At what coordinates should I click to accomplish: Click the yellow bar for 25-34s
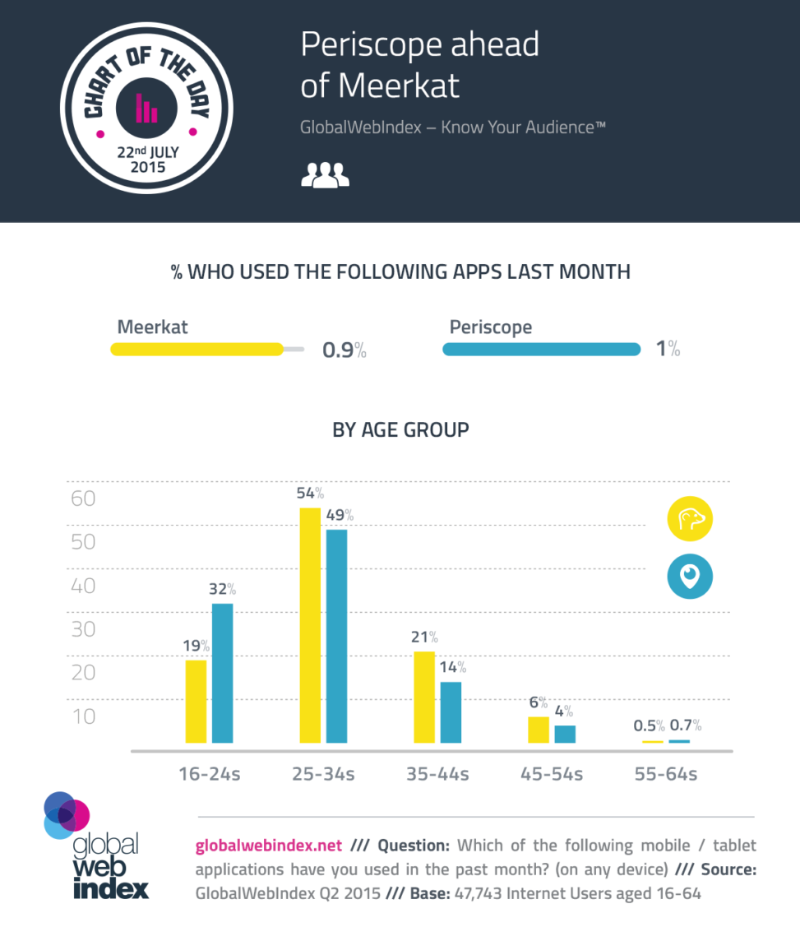click(309, 625)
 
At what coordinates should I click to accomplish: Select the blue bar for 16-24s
click(222, 673)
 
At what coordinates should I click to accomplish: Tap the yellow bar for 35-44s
click(423, 697)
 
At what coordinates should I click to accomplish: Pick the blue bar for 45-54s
click(565, 734)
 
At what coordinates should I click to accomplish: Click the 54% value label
click(309, 494)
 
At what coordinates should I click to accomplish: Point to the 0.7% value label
click(685, 725)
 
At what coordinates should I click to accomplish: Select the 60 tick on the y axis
click(84, 498)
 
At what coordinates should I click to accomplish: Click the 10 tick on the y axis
click(84, 716)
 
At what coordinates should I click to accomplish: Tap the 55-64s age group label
click(666, 774)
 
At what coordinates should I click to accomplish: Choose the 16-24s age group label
click(210, 774)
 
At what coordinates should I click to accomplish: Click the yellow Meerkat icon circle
click(689, 520)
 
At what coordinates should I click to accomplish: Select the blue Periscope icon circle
click(689, 577)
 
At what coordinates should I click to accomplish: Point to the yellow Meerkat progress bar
click(197, 350)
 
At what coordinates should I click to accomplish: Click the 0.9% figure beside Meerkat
click(344, 350)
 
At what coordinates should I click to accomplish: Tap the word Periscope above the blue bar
click(490, 327)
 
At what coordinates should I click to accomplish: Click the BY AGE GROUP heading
click(400, 429)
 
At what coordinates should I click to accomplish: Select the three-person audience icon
click(326, 174)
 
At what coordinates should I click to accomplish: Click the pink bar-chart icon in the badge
click(146, 108)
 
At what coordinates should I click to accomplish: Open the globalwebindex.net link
click(267, 845)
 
